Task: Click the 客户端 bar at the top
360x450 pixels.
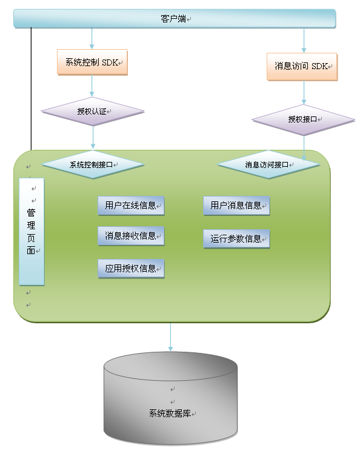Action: coord(175,19)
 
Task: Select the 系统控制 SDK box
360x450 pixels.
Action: coord(92,62)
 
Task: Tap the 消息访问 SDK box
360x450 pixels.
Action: coord(302,67)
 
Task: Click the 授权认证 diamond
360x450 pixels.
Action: coord(93,112)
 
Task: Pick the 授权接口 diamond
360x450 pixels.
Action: coord(304,119)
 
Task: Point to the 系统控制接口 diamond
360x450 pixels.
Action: coord(93,165)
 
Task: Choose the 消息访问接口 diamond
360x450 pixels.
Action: coord(268,165)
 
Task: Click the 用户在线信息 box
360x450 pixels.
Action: coord(131,206)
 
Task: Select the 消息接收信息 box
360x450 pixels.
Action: coord(131,236)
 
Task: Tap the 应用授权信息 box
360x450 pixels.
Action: coord(131,269)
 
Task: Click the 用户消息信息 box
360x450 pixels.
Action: coord(236,206)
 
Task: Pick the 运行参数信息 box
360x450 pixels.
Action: coord(236,239)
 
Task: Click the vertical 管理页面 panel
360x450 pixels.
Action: coord(32,232)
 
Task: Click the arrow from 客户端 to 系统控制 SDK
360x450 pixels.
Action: coord(92,38)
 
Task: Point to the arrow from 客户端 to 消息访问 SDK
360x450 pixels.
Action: coord(304,41)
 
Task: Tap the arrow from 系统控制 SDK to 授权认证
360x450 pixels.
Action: coord(92,86)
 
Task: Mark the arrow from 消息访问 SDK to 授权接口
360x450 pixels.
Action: coord(304,92)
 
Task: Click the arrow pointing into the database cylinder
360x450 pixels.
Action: coord(170,337)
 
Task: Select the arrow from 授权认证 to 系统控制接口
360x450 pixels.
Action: coord(93,138)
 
